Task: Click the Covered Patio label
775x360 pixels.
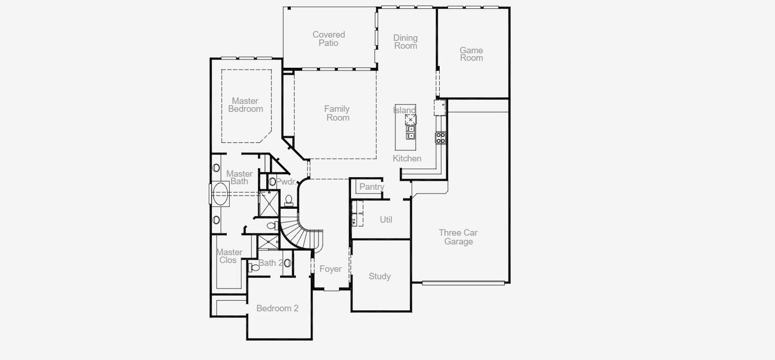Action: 329,39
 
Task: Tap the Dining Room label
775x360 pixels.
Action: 405,42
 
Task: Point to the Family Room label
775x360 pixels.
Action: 338,113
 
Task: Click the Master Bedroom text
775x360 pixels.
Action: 245,105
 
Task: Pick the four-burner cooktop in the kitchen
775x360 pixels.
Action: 441,137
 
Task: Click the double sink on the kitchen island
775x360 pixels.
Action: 411,132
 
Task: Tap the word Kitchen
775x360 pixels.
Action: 407,159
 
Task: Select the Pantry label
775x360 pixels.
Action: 371,187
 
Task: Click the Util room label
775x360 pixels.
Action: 386,220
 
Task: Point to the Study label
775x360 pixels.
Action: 380,277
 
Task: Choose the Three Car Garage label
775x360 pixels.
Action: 458,238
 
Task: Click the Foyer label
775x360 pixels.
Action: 331,269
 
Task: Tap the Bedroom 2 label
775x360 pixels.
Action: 277,308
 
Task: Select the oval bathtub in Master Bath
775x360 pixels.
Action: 220,194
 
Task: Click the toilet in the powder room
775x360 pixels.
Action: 289,200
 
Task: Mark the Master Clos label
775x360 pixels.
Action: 229,256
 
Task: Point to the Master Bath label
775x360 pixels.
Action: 239,178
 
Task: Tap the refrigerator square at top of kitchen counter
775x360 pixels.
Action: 440,108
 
